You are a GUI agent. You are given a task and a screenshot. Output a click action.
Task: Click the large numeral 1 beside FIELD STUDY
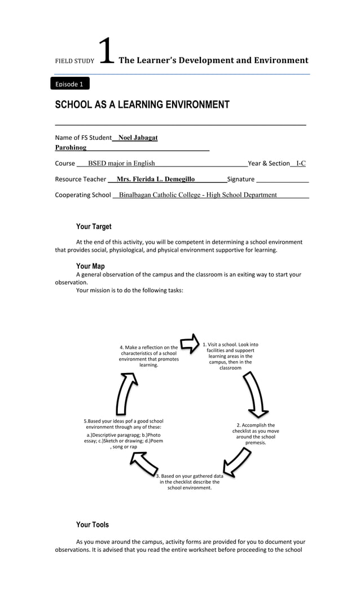[106, 52]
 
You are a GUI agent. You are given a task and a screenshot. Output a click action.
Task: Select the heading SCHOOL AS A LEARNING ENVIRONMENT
[142, 104]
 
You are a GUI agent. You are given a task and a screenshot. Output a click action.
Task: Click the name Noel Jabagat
[138, 138]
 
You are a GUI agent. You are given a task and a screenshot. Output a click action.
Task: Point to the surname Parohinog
[71, 148]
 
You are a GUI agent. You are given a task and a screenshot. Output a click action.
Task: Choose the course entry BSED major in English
[121, 164]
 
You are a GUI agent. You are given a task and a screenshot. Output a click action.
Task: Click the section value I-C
[301, 164]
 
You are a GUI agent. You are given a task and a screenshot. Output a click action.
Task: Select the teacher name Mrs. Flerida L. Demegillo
[155, 179]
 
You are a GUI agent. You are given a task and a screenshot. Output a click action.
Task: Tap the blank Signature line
[282, 179]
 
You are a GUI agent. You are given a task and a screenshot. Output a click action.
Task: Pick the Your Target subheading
[94, 227]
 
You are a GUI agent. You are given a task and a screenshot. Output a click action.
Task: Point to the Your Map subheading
[90, 266]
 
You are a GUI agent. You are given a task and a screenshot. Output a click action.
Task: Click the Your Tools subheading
[93, 525]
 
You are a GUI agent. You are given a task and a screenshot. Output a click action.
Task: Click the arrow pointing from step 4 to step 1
[190, 342]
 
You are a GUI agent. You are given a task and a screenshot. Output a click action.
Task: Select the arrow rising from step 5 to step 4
[126, 394]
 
